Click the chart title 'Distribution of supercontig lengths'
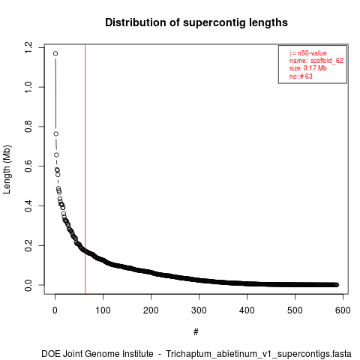coord(196,22)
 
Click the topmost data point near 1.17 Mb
coord(55,53)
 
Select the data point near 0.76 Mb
coord(56,134)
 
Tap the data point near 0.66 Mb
coord(56,155)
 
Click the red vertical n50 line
coord(85,169)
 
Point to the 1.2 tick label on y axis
coord(28,47)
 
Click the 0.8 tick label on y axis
coord(28,127)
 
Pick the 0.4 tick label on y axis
coord(28,205)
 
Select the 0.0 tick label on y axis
coord(28,285)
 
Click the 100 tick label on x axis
coord(103,310)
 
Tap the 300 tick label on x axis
coord(199,310)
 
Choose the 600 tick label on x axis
coord(343,310)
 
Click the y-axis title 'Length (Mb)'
coord(7,169)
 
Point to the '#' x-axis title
coord(196,332)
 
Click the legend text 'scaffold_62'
coord(327,61)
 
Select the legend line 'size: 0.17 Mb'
coord(308,68)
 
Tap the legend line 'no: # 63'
coord(301,76)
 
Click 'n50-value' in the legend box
coord(312,53)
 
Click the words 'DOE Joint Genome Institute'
coord(97,354)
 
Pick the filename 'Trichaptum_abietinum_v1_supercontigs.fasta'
coord(259,354)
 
